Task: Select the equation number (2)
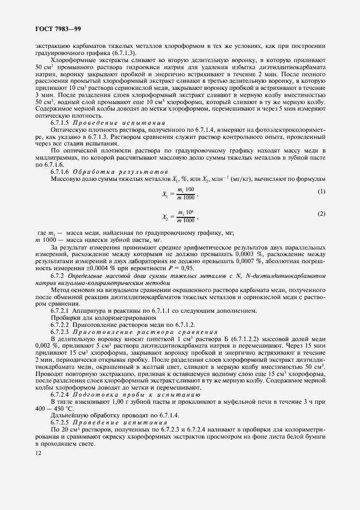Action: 321,214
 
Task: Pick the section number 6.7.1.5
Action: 62,124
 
